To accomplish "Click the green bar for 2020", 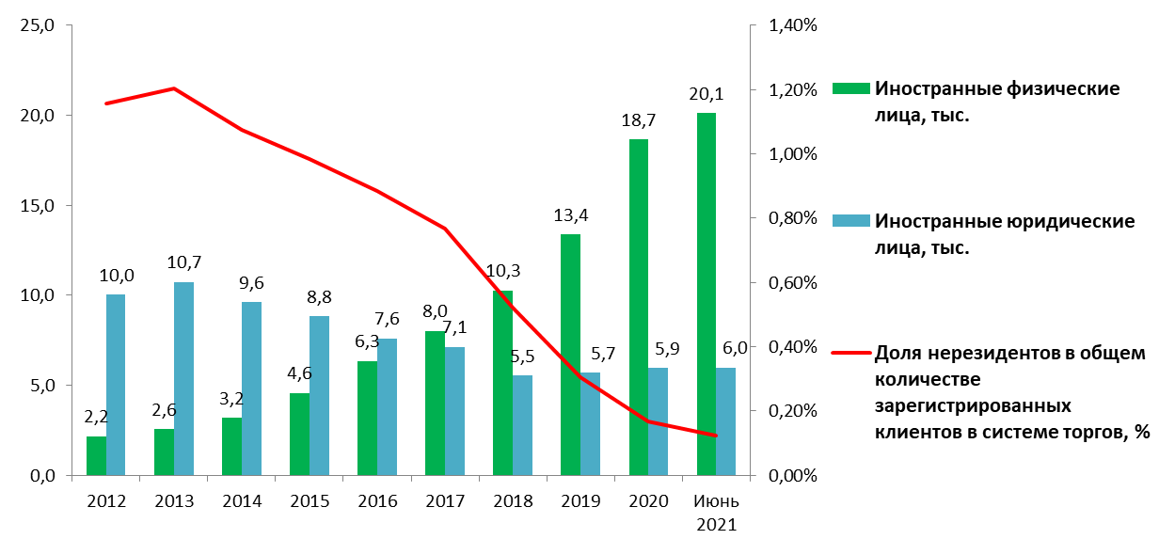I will click(x=638, y=307).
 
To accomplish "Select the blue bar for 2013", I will click(x=183, y=378).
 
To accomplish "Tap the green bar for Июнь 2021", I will click(x=707, y=293).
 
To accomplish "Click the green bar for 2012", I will click(x=96, y=455).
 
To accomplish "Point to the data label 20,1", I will click(x=706, y=94).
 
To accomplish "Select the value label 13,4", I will click(x=570, y=215).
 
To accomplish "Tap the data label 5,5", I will click(x=522, y=357).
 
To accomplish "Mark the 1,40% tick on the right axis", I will click(x=794, y=25).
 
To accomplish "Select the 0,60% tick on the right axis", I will click(x=794, y=282).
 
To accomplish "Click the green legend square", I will click(x=849, y=87).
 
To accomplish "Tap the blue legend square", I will click(x=849, y=220).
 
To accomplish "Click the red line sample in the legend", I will click(x=849, y=354).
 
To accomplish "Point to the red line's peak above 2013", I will click(x=174, y=88).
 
